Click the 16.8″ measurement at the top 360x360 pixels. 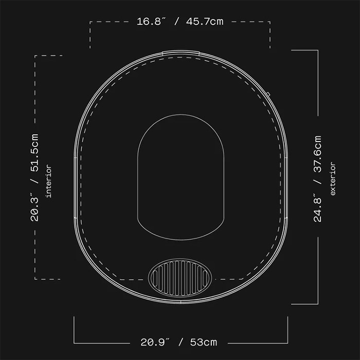click(x=151, y=22)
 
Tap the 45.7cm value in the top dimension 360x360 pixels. click(x=205, y=22)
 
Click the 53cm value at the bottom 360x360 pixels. click(x=204, y=342)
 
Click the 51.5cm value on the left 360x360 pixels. click(x=34, y=153)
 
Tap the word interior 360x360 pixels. click(x=49, y=181)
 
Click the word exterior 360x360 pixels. click(x=332, y=178)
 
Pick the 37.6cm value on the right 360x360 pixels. click(x=317, y=154)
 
